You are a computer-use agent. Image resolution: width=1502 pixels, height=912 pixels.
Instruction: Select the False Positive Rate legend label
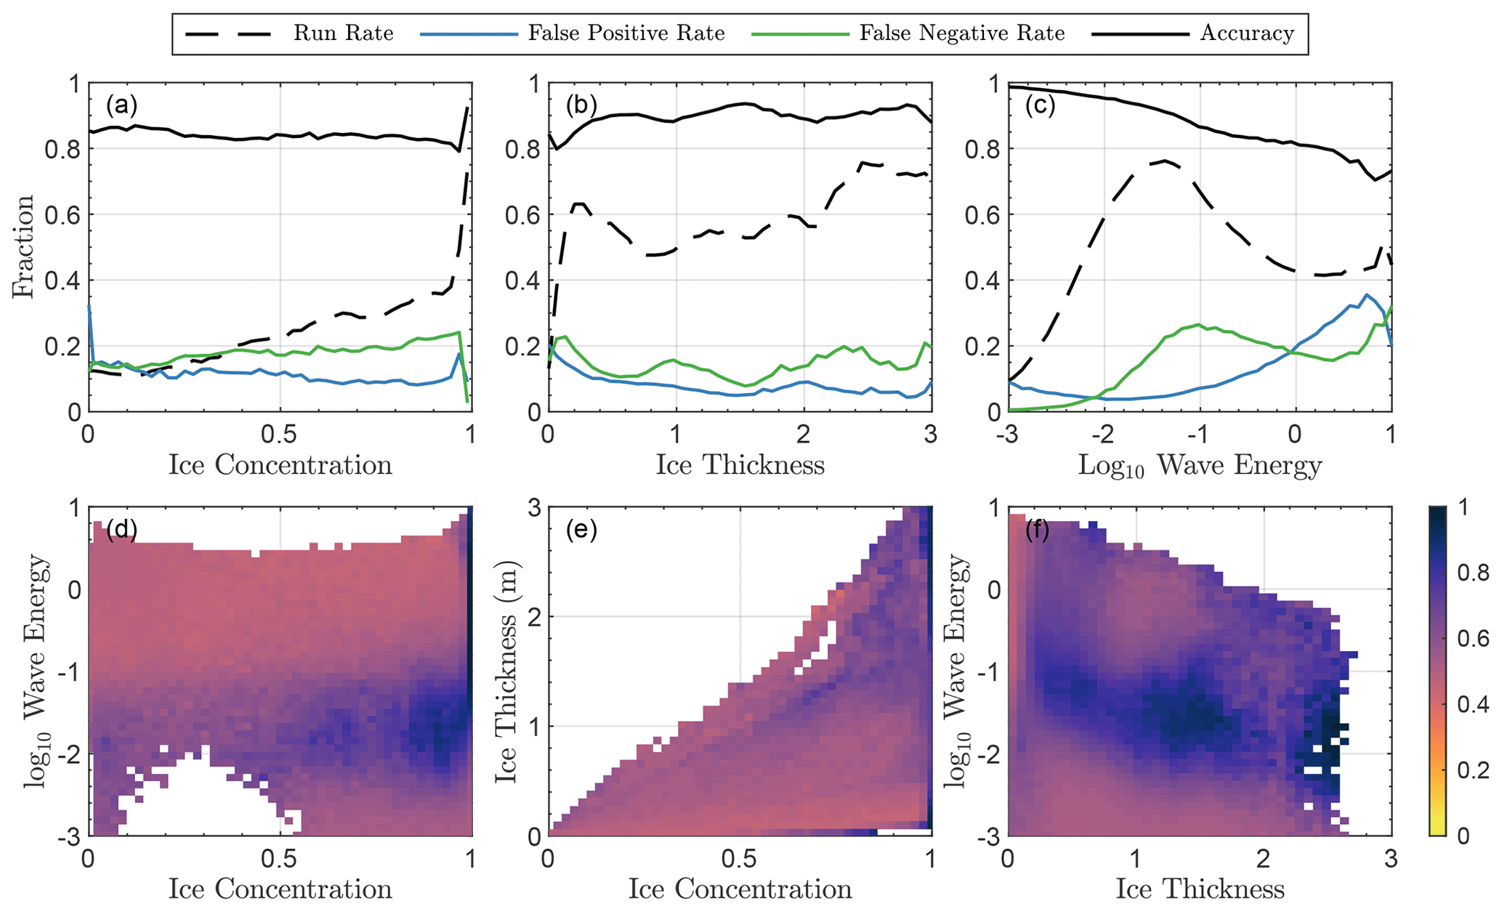point(626,33)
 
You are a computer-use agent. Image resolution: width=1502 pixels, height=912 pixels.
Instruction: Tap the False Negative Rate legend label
point(961,33)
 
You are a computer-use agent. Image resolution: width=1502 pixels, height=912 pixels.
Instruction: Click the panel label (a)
point(121,106)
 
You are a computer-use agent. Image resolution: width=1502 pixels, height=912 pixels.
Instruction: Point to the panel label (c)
point(1040,106)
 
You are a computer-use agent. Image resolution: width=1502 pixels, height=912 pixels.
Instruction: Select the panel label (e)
point(581,530)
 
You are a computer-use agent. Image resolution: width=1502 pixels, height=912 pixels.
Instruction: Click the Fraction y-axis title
point(23,247)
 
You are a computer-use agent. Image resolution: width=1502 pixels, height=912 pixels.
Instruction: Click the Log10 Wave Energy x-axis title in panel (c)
point(1200,466)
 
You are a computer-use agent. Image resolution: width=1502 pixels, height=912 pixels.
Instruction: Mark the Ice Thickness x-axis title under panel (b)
point(740,465)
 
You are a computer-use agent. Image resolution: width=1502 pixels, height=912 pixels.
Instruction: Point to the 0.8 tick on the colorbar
point(1473,573)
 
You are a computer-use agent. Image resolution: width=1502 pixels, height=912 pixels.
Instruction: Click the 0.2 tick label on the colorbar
point(1473,770)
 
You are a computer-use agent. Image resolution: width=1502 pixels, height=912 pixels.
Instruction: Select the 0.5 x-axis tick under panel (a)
point(280,435)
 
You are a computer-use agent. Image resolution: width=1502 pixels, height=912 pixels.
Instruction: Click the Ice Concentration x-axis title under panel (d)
point(280,889)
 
